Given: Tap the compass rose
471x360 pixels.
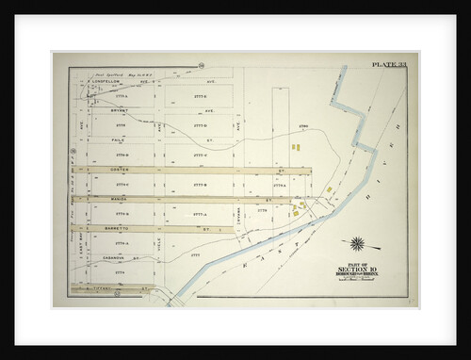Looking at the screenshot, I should click(x=358, y=243).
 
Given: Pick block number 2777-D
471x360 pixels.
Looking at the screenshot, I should click(x=199, y=124).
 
